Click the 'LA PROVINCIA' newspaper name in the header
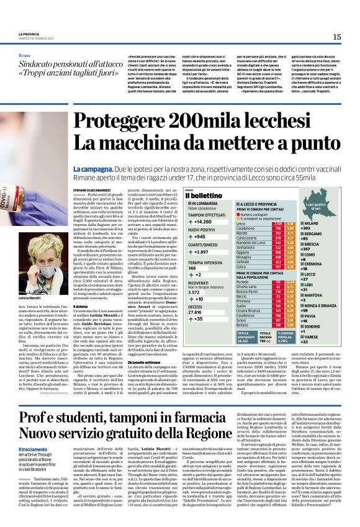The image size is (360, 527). pos(29,33)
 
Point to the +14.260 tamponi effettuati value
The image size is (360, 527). pos(203,221)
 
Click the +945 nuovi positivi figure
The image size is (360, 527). pos(200,236)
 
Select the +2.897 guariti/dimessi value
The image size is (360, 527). pos(202,252)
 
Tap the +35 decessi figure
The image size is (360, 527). pos(200,318)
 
